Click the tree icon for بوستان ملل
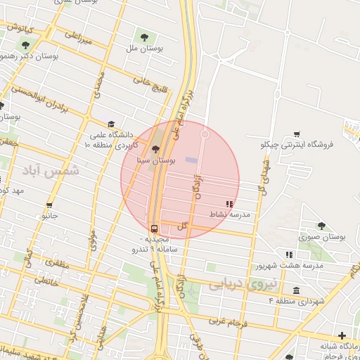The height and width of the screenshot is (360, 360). pos(144,37)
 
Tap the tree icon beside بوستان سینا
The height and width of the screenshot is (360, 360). pos(155,149)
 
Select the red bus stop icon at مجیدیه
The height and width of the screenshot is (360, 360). pos(154,229)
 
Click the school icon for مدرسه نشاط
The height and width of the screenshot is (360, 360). pos(229,204)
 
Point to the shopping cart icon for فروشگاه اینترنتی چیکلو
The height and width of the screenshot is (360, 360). pos(297,134)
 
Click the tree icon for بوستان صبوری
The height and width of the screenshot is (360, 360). pos(321,226)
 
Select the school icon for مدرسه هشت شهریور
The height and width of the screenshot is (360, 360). pos(288,255)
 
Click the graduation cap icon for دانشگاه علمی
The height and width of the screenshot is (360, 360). pos(111,124)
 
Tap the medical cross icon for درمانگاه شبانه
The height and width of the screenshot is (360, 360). pos(342,335)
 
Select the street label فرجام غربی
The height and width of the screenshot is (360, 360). pos(225,322)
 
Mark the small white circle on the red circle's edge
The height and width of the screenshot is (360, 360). pos(205,134)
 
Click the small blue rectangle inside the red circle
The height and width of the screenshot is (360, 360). pos(191,160)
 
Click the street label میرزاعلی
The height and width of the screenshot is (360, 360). pos(78,37)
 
